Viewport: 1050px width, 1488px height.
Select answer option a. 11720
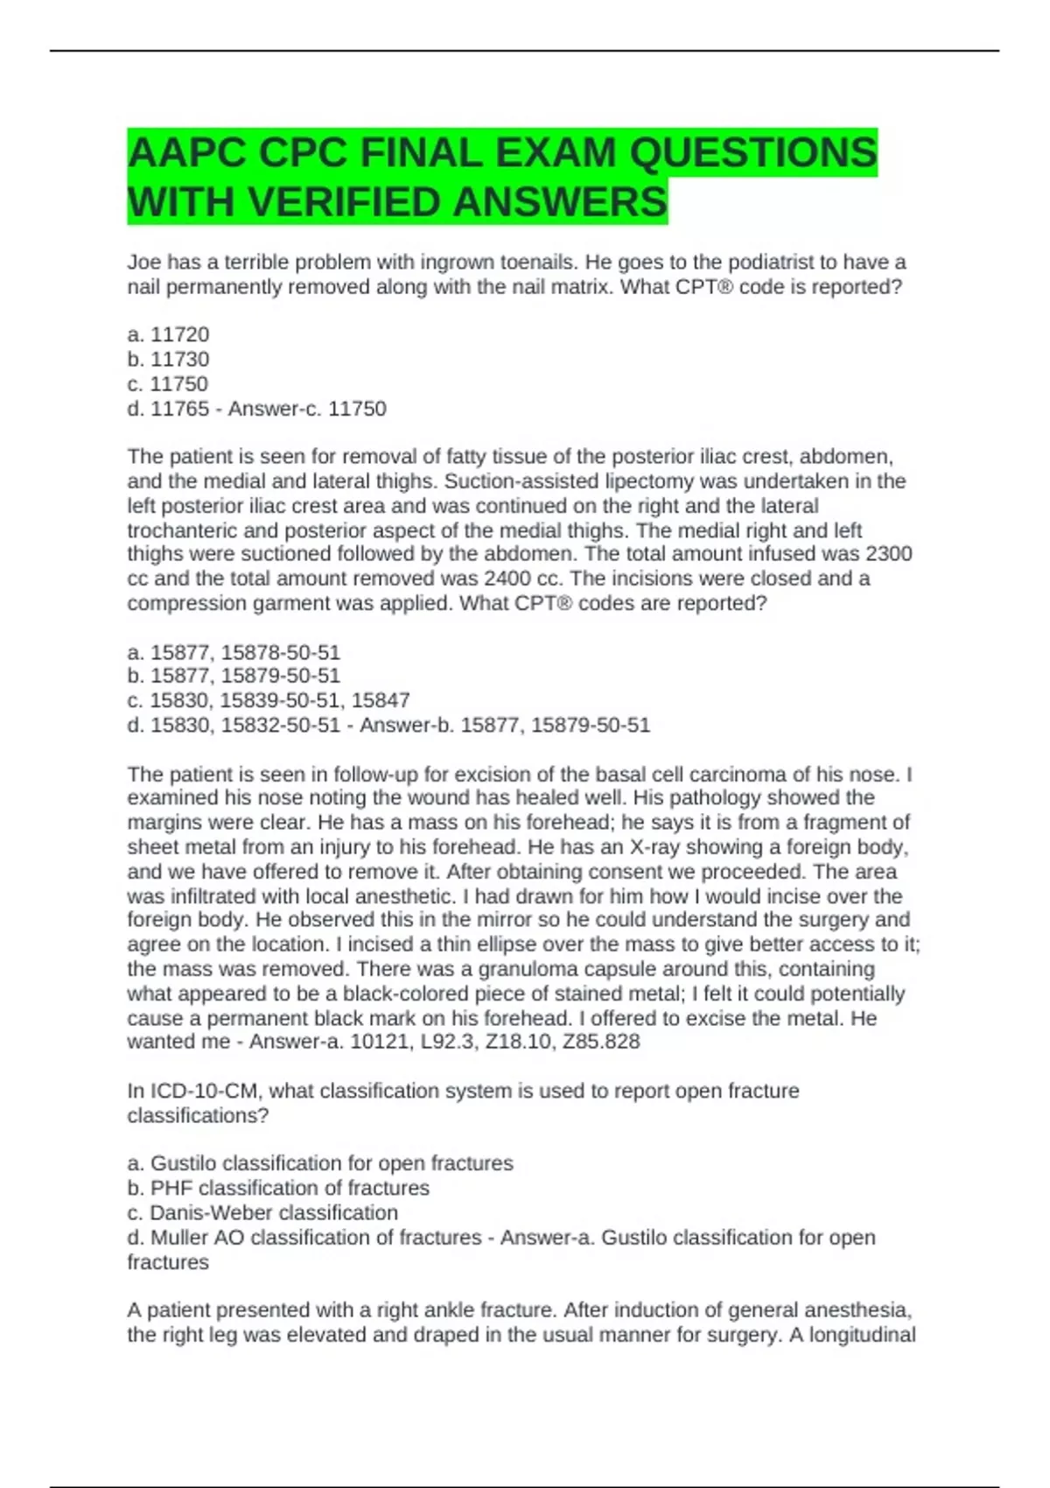coord(168,334)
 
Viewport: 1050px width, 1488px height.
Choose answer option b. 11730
coord(168,359)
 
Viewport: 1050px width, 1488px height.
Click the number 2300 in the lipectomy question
coord(888,554)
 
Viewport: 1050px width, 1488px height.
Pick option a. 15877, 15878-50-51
coord(234,652)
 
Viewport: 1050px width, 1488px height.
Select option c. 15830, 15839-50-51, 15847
coord(269,700)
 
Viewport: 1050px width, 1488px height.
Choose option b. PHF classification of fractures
coord(278,1188)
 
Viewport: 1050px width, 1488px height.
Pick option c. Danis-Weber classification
coord(262,1212)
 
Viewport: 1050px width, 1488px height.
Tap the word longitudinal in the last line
coord(854,1335)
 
